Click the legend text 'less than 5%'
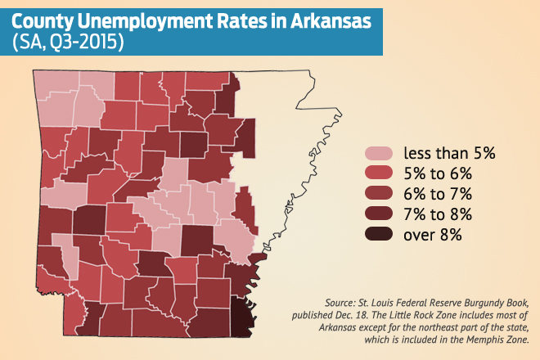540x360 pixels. pos(444,153)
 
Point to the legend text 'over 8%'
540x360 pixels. pos(433,235)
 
